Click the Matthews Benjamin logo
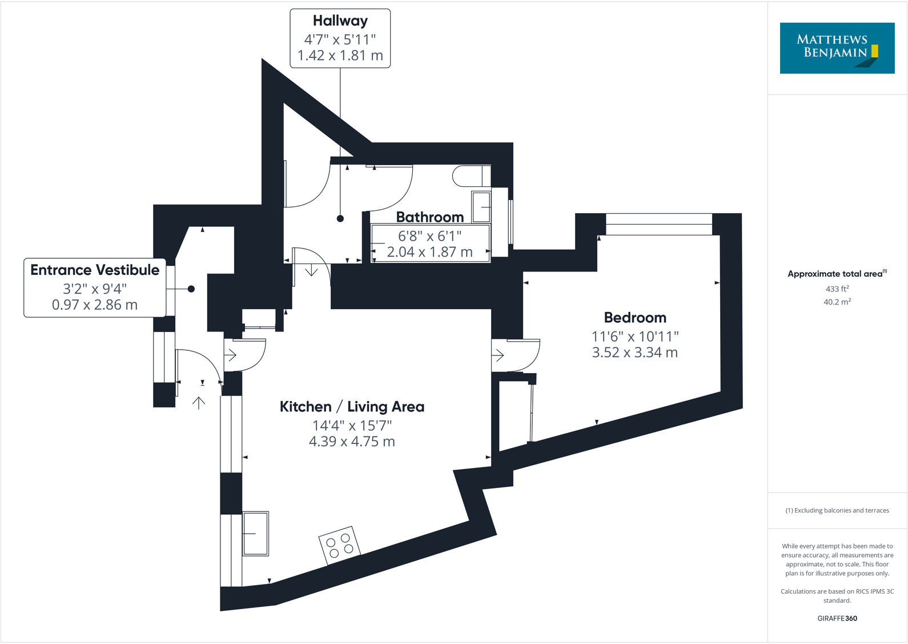837,48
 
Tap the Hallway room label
340,21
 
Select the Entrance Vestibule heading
95,270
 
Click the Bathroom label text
429,217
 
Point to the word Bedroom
635,318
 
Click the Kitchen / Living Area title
352,407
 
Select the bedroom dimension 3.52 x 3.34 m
635,353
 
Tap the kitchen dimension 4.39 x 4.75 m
352,442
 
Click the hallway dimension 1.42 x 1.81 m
340,55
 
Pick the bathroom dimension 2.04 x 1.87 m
429,252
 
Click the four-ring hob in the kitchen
340,545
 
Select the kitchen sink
255,534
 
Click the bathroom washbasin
481,207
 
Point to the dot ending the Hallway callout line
340,218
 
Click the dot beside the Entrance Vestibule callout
191,289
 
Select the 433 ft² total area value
837,289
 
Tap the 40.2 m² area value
837,302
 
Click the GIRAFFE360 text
837,618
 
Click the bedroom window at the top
658,224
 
